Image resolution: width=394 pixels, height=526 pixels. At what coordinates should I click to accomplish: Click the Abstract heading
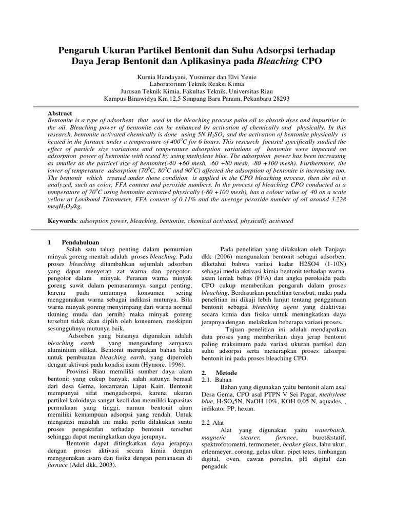tap(60, 113)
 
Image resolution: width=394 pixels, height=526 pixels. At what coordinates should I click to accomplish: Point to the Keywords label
tap(62, 221)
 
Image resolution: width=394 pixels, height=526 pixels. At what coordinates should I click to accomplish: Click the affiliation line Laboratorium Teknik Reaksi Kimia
tap(196, 84)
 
